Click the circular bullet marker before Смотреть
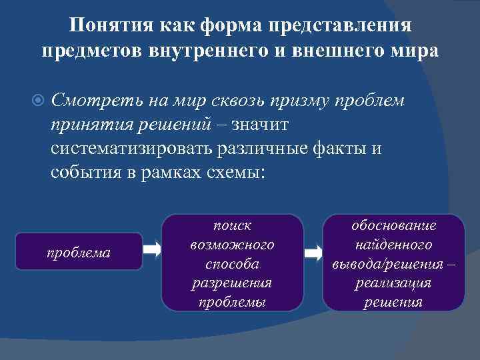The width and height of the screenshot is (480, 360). click(39, 101)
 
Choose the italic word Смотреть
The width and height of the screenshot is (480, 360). click(89, 101)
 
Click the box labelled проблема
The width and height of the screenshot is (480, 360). click(79, 251)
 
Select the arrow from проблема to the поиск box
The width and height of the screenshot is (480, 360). click(153, 251)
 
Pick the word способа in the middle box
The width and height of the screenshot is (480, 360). click(232, 264)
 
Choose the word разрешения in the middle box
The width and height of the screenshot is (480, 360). click(232, 283)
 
